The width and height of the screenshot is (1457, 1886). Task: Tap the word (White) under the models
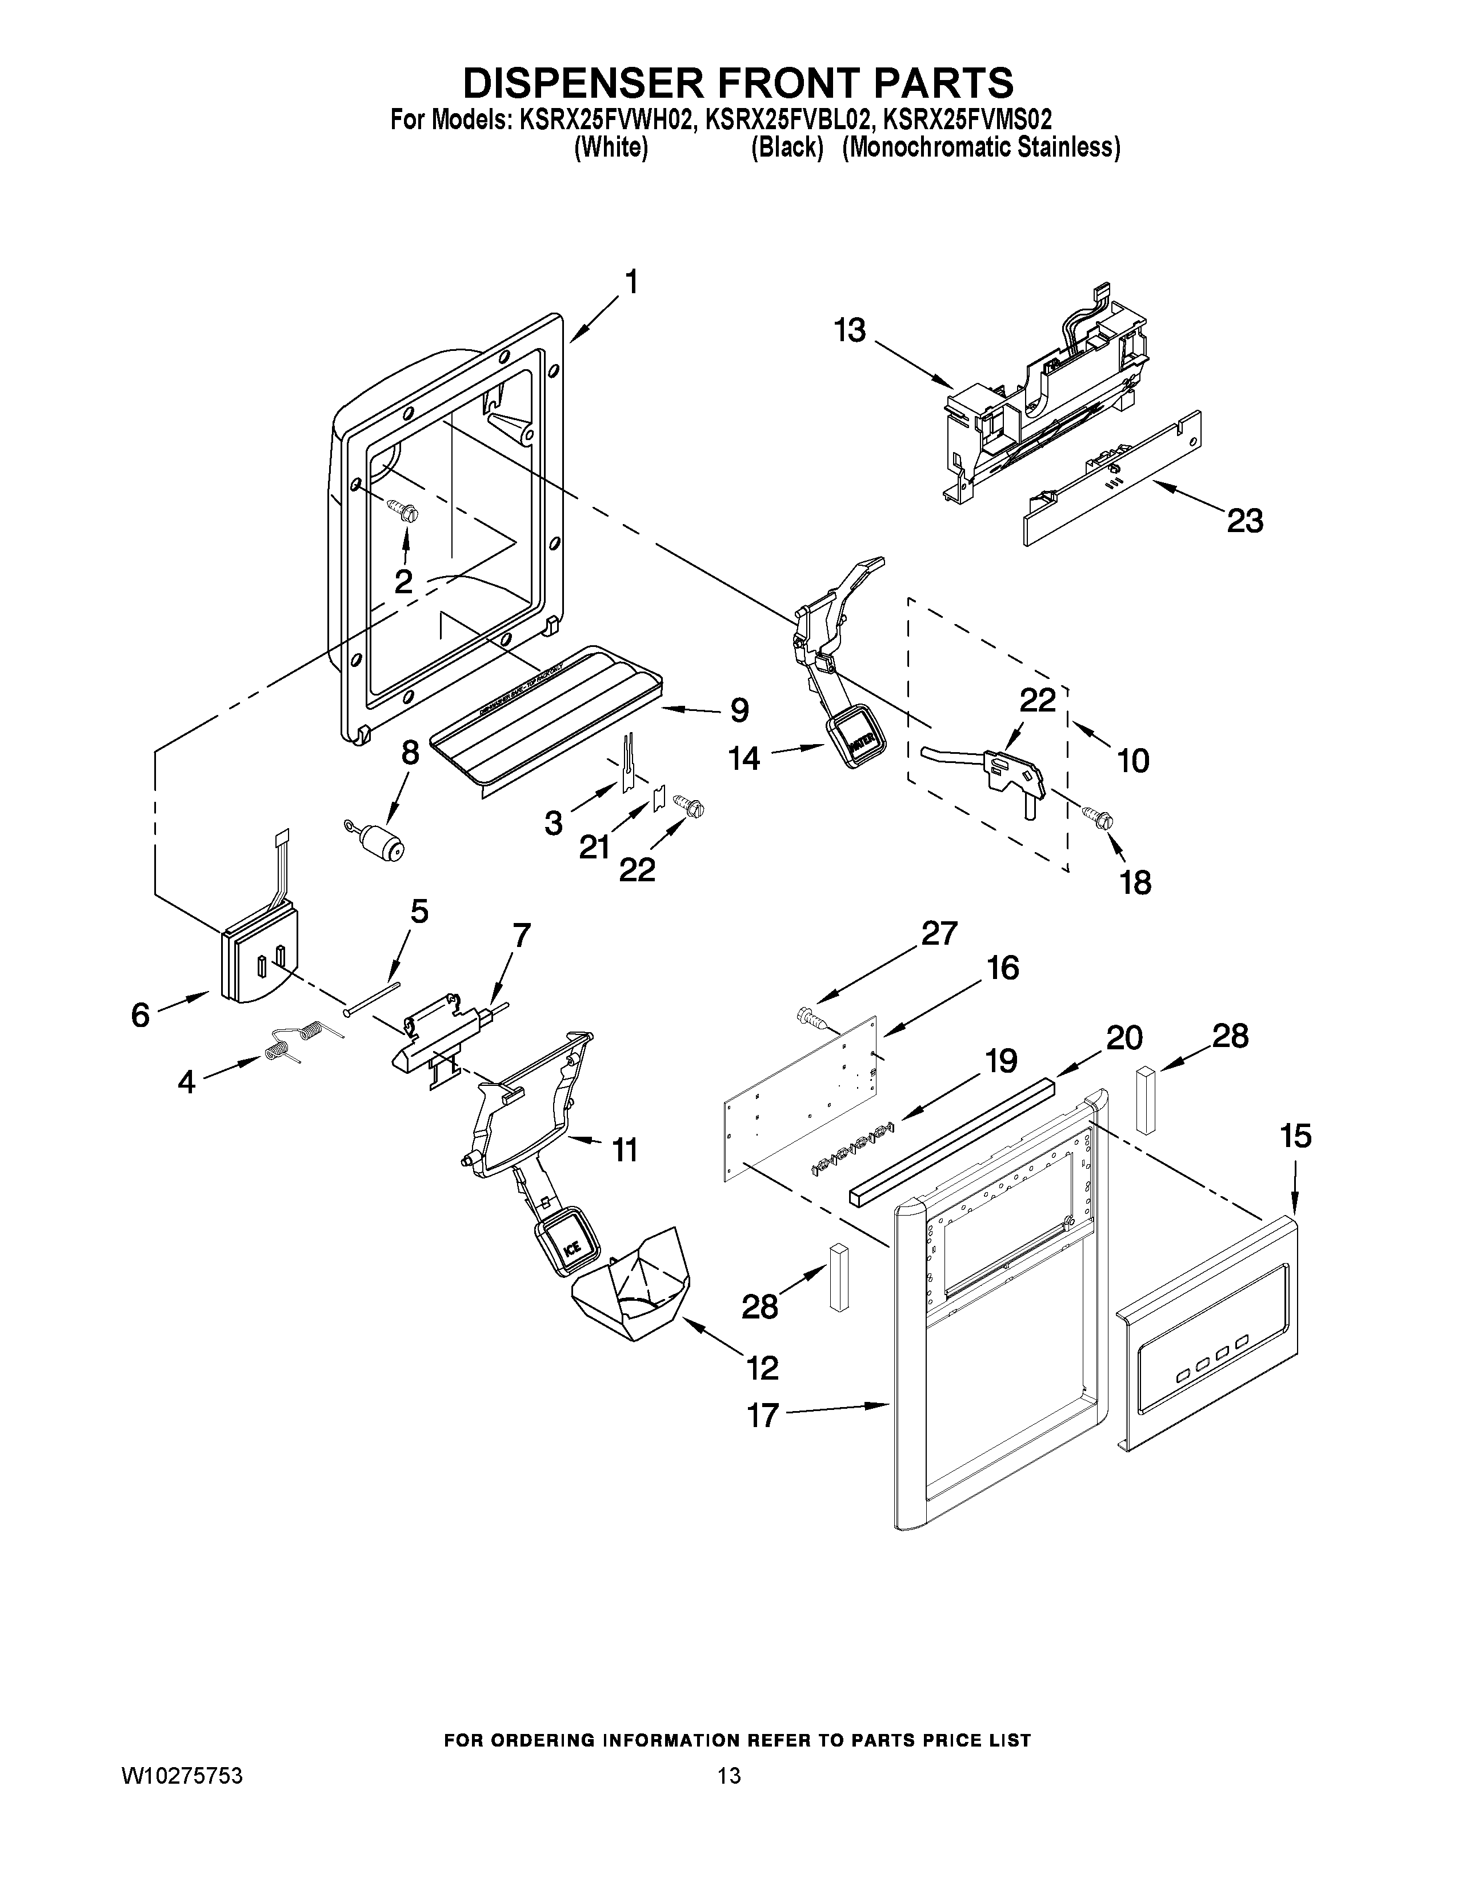(611, 147)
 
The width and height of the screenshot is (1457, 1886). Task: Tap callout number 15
(1296, 1136)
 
